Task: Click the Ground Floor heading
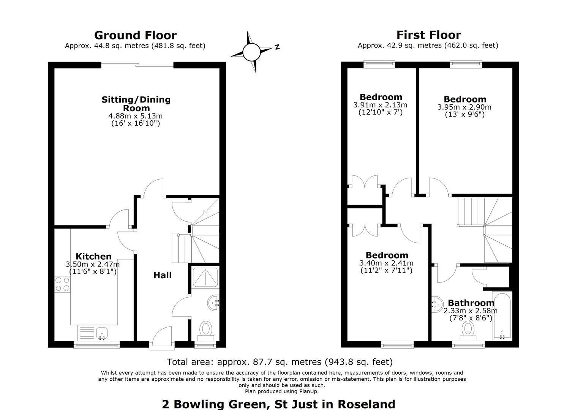click(136, 35)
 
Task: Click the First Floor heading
click(429, 35)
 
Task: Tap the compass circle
click(251, 52)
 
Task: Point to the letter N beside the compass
click(277, 47)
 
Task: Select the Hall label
click(163, 275)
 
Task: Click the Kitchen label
click(94, 256)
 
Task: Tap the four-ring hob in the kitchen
click(62, 284)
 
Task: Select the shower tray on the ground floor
click(205, 278)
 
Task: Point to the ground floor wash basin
click(214, 303)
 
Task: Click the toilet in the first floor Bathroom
click(468, 331)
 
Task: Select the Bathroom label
click(471, 303)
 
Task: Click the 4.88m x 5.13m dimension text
click(136, 116)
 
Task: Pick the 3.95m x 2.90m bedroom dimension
click(464, 107)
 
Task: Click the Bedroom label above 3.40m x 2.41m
click(387, 255)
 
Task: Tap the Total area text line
click(280, 362)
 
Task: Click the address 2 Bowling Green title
click(278, 404)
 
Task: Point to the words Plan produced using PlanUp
click(282, 391)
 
